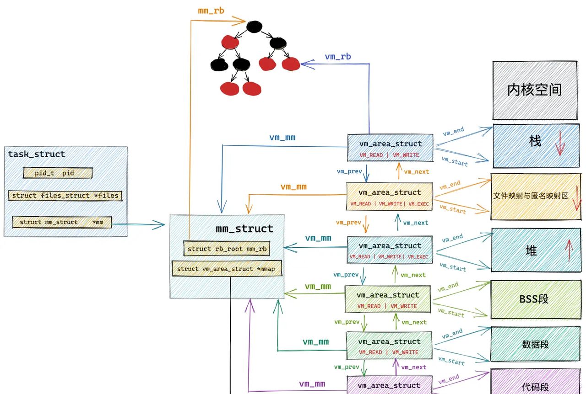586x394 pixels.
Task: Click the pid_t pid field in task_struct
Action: point(58,173)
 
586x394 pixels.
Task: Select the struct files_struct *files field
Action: point(65,196)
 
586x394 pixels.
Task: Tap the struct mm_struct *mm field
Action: point(62,222)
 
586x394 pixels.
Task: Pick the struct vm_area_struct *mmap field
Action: point(226,269)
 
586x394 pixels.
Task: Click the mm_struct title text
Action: point(244,229)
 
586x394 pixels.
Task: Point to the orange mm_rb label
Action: point(211,10)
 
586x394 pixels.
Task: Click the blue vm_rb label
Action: point(338,57)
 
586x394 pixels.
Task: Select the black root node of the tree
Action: point(253,27)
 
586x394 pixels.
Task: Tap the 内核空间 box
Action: point(534,90)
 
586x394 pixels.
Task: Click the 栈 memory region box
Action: point(535,146)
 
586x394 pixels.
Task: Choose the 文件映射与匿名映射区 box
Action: point(531,196)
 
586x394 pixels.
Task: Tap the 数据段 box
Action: point(535,344)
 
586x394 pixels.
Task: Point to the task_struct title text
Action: point(37,154)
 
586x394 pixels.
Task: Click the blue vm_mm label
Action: point(282,138)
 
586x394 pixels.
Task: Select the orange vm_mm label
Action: point(293,187)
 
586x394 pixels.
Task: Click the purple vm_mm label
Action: point(312,384)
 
